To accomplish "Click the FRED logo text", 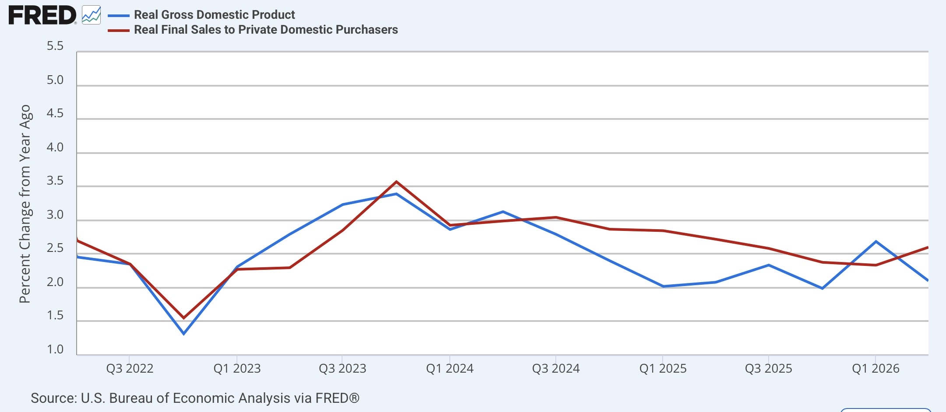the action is pos(42,16).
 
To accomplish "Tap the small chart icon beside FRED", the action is pos(91,15).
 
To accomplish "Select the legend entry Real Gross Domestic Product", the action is pos(214,15).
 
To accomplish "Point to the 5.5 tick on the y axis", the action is pos(55,46).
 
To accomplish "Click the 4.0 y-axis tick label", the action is pos(55,147).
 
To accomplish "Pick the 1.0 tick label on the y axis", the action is pos(55,349).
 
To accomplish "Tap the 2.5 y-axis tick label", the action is pos(55,248).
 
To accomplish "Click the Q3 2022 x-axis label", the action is pos(130,369).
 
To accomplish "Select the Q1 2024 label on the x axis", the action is pos(450,369).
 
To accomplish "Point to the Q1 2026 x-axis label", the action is pos(875,369).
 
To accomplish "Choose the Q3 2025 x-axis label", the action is pos(769,369).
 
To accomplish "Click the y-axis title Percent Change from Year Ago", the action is pos(25,204).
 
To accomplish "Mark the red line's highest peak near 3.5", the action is pos(396,182).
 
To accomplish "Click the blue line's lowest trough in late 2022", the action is pos(184,334).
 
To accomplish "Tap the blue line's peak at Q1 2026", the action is pos(875,241).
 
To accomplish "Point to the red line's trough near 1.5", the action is pos(184,318).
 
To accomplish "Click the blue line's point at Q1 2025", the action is pos(663,286).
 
